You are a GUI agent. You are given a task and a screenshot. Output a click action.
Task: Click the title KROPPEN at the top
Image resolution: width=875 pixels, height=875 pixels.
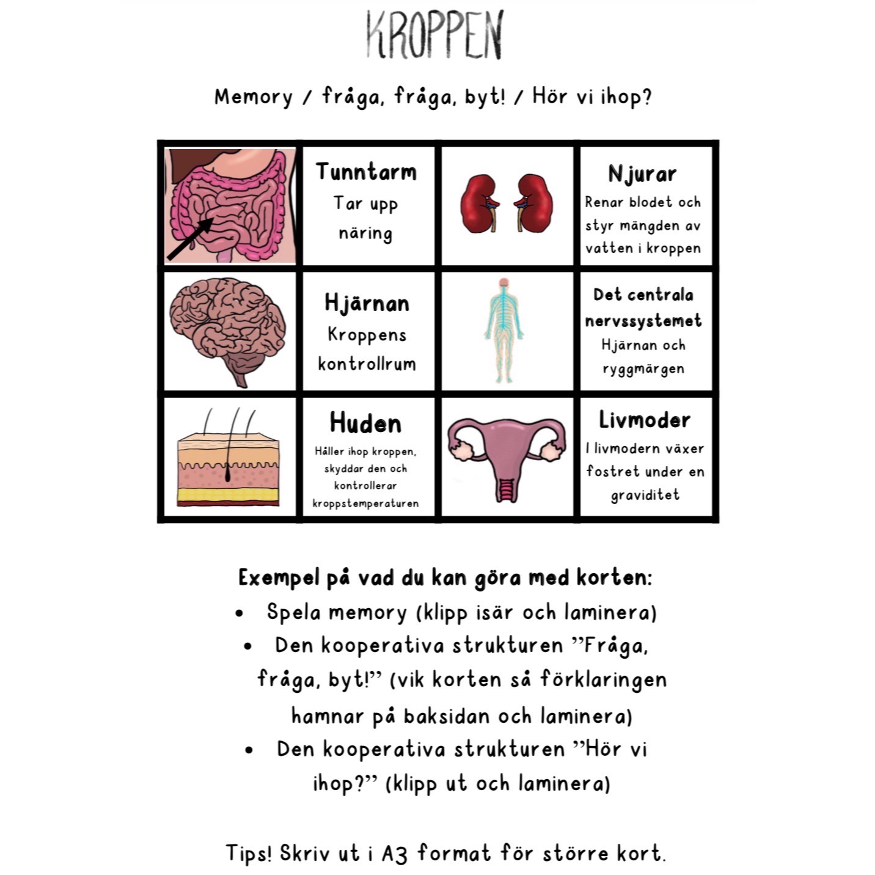tap(434, 35)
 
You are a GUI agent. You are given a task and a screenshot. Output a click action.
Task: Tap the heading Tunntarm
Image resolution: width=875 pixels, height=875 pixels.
tap(366, 172)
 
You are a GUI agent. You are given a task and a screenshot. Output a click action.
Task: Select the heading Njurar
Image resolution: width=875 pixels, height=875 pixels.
tap(642, 174)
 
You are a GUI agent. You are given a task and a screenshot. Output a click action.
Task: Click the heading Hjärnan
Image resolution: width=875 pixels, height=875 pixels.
tap(367, 303)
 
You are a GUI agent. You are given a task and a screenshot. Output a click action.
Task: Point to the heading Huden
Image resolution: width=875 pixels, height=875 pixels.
tap(365, 423)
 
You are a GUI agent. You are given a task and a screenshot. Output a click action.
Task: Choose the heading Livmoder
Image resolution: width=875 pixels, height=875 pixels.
tap(645, 420)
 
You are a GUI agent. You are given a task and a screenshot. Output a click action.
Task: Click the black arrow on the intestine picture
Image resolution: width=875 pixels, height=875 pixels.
tap(189, 238)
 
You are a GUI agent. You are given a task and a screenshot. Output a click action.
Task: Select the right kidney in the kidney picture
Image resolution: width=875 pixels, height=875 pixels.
tap(536, 203)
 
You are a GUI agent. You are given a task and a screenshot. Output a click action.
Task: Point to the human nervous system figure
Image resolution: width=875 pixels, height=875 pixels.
tap(504, 330)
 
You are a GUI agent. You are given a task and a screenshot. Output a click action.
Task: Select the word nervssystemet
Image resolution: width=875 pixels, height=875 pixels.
tap(643, 321)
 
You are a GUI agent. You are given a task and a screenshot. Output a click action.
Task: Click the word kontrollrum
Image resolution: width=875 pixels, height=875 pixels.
tap(367, 364)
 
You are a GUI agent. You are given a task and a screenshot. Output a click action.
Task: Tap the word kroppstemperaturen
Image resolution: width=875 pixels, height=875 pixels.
tap(365, 503)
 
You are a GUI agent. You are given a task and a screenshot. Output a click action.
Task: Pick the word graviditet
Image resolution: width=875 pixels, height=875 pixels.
tap(645, 494)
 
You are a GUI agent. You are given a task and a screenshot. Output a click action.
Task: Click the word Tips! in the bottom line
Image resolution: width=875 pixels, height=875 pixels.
tap(249, 853)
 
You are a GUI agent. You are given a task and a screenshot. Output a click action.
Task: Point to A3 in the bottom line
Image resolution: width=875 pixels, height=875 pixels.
tap(394, 853)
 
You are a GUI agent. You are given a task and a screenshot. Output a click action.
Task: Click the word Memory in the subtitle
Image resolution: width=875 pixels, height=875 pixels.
tap(253, 97)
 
